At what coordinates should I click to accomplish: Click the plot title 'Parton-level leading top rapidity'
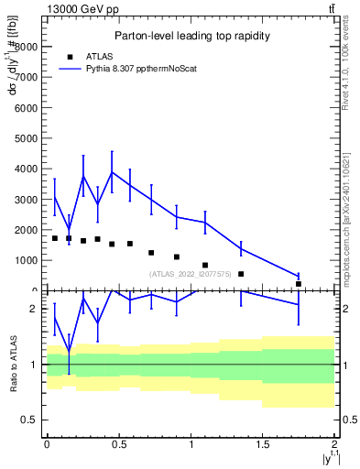pyautogui.click(x=191, y=36)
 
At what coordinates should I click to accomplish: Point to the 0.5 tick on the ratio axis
pyautogui.click(x=28, y=420)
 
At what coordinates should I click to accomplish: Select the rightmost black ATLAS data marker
pyautogui.click(x=299, y=284)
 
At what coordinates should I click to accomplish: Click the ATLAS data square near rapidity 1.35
pyautogui.click(x=241, y=274)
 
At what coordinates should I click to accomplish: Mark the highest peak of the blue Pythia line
pyautogui.click(x=112, y=172)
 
